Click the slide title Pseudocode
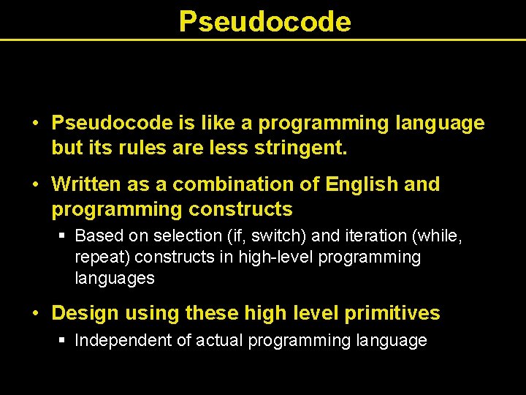pos(264,22)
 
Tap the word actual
pos(220,340)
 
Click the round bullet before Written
pos(36,184)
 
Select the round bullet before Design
pos(36,313)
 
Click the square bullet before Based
pos(63,236)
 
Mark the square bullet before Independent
pos(63,340)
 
